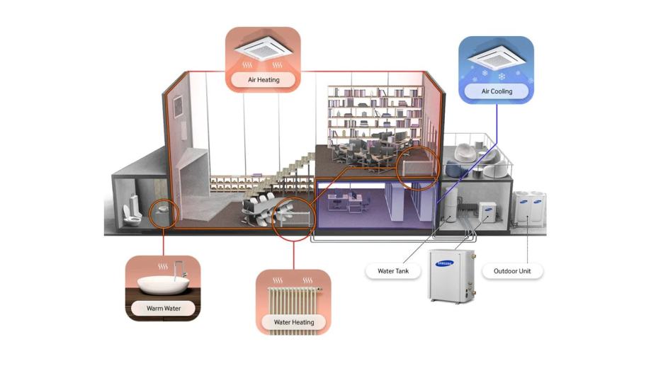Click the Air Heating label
pos(264,80)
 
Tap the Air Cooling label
pos(497,91)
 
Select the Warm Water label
pos(163,309)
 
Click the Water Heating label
pos(293,322)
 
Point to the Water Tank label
pos(392,271)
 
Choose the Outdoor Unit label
pos(512,271)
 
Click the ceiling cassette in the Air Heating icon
pos(264,49)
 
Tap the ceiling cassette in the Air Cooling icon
pos(496,57)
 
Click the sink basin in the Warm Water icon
pos(163,285)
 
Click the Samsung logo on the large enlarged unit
pos(444,263)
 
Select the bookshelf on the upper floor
pos(375,112)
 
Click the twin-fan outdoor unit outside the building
pos(529,207)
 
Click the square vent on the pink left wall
pos(178,105)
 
